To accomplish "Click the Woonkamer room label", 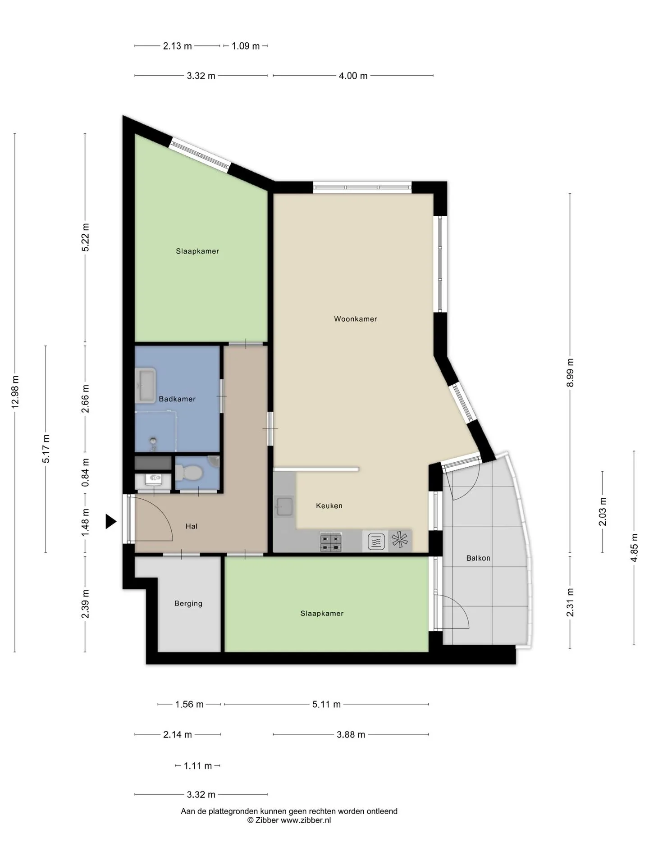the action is click(x=355, y=319).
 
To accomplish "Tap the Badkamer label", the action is click(x=177, y=399).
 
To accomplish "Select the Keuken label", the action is click(x=329, y=505).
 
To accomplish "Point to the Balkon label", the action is click(x=478, y=558).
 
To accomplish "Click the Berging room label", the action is click(x=188, y=604).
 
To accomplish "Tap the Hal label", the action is click(x=192, y=526).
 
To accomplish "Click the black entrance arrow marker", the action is click(x=111, y=522).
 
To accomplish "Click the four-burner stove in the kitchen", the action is click(x=331, y=542).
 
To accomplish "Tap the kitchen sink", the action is click(x=284, y=506).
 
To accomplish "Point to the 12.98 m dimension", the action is click(x=15, y=392).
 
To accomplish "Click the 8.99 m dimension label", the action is click(x=570, y=373).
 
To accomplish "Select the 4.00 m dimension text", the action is click(x=353, y=76).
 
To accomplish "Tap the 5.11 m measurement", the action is click(x=326, y=704).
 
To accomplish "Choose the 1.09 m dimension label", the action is click(x=246, y=46).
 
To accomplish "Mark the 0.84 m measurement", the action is click(x=85, y=472).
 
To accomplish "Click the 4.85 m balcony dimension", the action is click(x=634, y=547).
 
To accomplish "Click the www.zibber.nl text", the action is click(x=306, y=820).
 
